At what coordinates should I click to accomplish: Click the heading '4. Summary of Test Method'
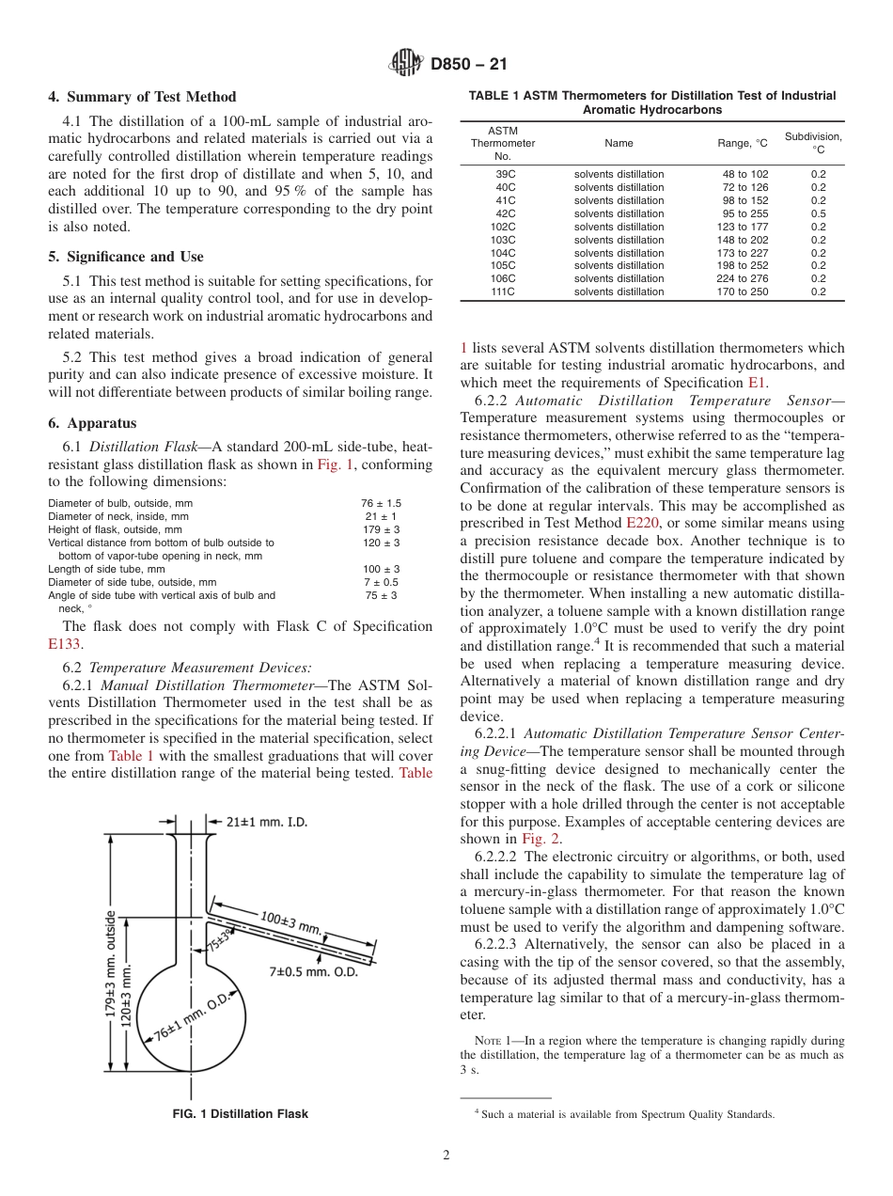click(x=142, y=97)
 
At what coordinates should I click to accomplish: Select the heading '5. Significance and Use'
click(x=125, y=257)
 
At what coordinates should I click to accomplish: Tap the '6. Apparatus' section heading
click(x=92, y=423)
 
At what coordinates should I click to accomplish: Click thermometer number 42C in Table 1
click(x=505, y=213)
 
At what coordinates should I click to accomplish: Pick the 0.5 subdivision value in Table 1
click(x=818, y=213)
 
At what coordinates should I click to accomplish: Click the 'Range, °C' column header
click(x=742, y=143)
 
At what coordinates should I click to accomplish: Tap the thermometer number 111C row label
click(x=505, y=291)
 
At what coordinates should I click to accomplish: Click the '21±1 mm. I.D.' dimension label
click(x=266, y=822)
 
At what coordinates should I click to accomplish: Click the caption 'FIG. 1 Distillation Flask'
click(x=240, y=1114)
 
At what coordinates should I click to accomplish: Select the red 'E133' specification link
click(x=66, y=644)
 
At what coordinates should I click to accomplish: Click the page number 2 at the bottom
click(x=446, y=1156)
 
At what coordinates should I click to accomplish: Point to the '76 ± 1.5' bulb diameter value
click(x=381, y=503)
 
